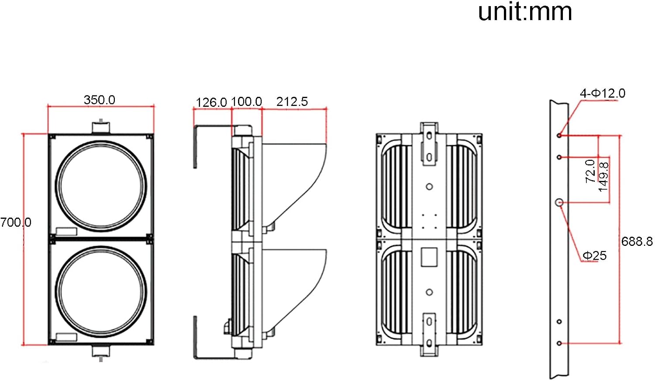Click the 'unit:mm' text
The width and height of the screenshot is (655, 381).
(x=525, y=12)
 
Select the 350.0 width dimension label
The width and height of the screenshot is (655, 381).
(x=100, y=100)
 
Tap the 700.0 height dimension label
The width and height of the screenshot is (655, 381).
(x=16, y=222)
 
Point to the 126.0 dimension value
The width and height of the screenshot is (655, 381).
(x=211, y=102)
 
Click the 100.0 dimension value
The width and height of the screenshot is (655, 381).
(x=247, y=102)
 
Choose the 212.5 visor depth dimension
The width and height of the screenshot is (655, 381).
(x=292, y=102)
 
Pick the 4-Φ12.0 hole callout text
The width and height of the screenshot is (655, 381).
(x=603, y=93)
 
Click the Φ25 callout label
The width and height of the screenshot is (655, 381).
(x=594, y=256)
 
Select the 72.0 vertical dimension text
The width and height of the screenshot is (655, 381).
(x=590, y=171)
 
